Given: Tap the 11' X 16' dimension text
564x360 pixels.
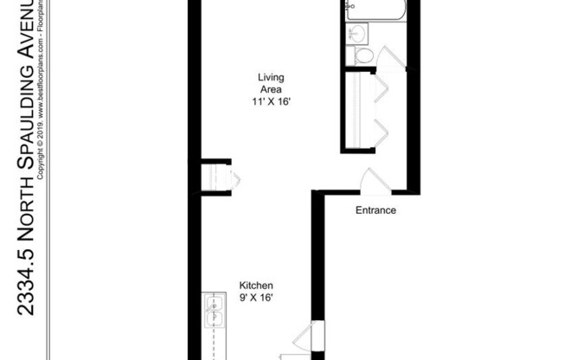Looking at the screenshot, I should tap(271, 100).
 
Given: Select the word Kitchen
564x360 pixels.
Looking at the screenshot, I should tap(256, 286).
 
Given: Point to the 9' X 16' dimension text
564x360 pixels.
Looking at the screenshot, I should tap(256, 298).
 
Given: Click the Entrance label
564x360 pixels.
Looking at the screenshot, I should tap(375, 210).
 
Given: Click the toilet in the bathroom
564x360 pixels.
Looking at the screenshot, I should tap(363, 55).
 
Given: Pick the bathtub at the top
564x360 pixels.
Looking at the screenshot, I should tap(375, 10).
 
